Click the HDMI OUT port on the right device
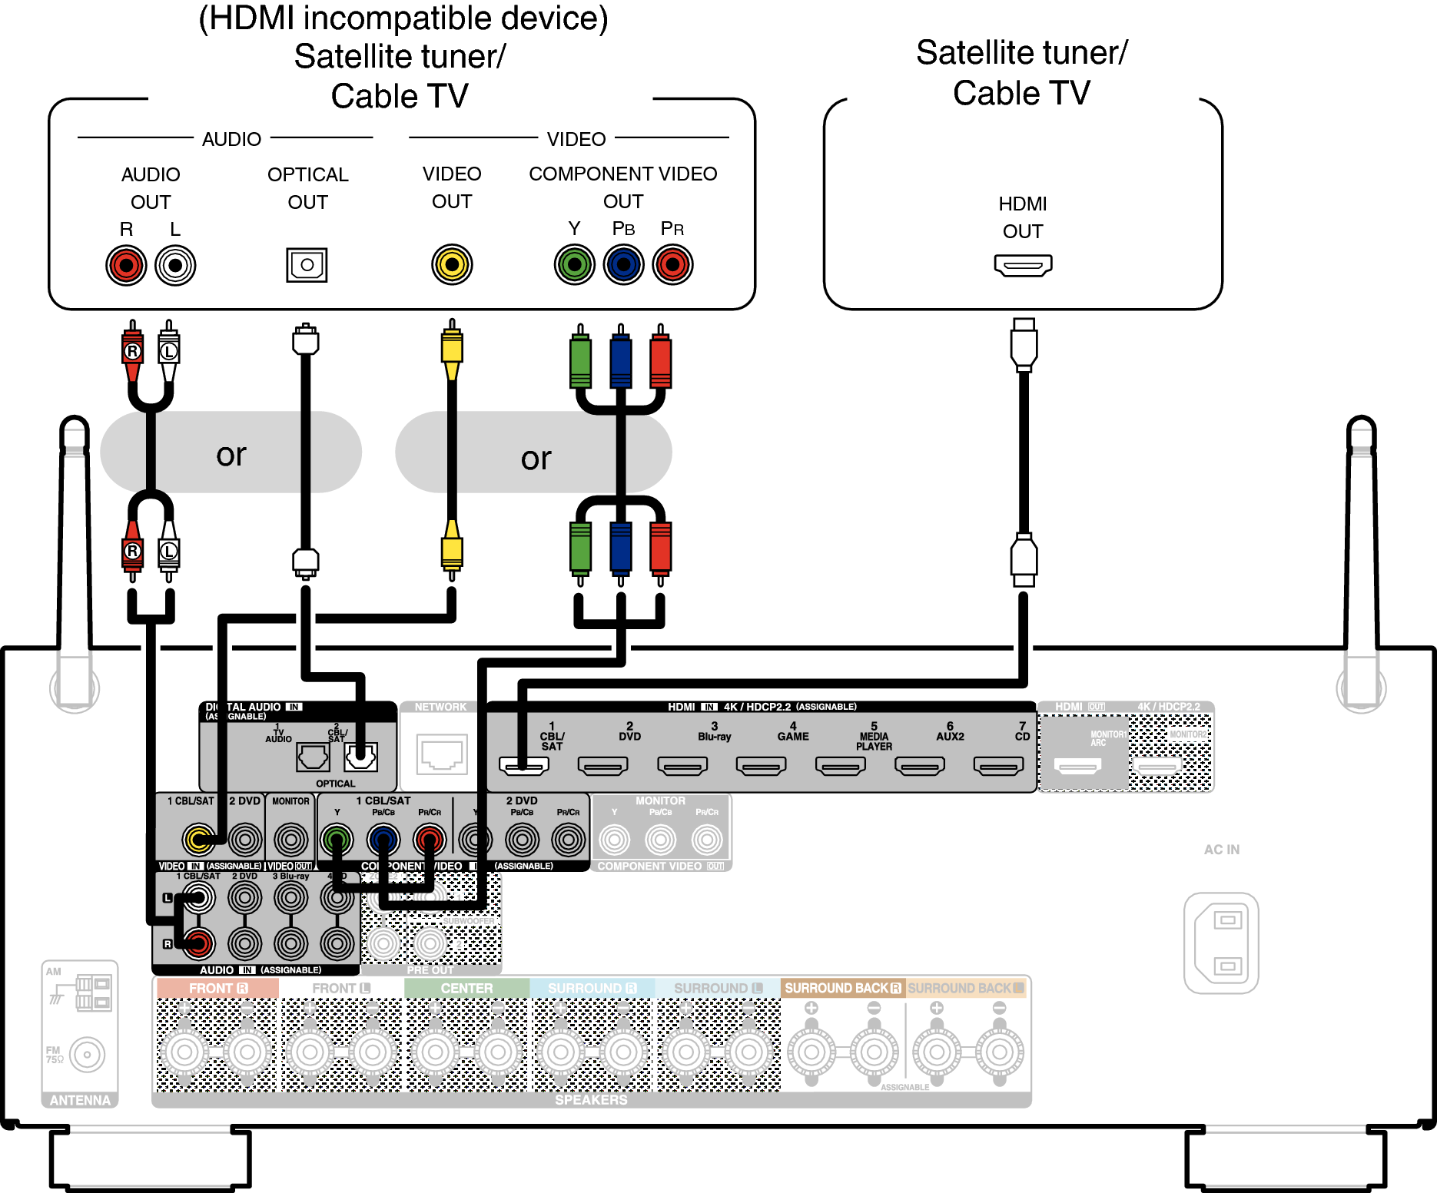click(x=1023, y=266)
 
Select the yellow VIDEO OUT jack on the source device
click(x=452, y=265)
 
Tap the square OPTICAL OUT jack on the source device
click(x=307, y=265)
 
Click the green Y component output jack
click(x=574, y=265)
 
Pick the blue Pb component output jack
click(x=623, y=265)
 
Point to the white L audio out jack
click(x=175, y=266)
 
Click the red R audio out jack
click(x=126, y=266)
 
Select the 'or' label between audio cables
click(x=231, y=455)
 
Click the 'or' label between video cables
click(x=536, y=459)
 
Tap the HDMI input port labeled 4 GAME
click(x=761, y=765)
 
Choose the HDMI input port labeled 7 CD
click(x=998, y=765)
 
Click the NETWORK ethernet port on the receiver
click(x=441, y=754)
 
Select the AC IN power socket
click(x=1221, y=943)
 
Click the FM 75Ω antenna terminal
click(x=87, y=1055)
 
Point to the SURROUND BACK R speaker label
click(x=842, y=988)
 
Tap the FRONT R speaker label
click(x=217, y=988)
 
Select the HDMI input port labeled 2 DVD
click(x=602, y=765)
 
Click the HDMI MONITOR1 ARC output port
click(x=1077, y=765)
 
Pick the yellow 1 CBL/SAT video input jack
click(x=198, y=839)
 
